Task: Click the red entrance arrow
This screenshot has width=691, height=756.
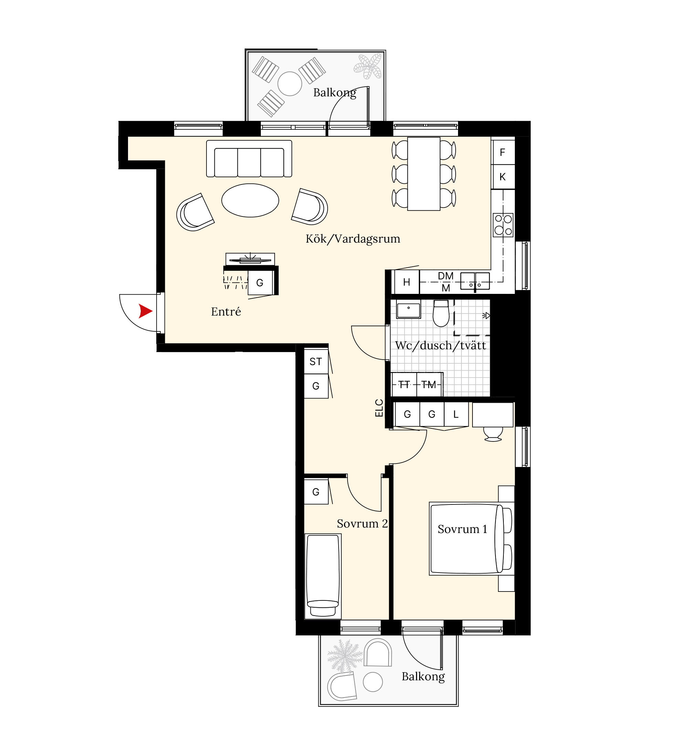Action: pyautogui.click(x=145, y=311)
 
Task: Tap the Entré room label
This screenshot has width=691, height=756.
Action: pyautogui.click(x=226, y=312)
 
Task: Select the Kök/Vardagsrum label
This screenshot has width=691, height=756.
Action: pyautogui.click(x=353, y=239)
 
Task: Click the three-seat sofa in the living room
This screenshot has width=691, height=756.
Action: pyautogui.click(x=249, y=159)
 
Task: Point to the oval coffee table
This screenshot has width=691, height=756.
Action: pyautogui.click(x=250, y=200)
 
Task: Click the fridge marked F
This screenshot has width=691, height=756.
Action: pyautogui.click(x=503, y=152)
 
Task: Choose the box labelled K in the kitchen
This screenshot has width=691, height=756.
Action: pyautogui.click(x=503, y=177)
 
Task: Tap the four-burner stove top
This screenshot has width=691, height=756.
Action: pyautogui.click(x=503, y=225)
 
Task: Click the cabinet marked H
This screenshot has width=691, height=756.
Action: pyautogui.click(x=406, y=282)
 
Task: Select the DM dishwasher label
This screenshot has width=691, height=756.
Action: pyautogui.click(x=446, y=276)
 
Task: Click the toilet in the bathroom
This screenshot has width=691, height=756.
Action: pyautogui.click(x=441, y=313)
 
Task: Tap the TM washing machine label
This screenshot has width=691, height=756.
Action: pyautogui.click(x=428, y=385)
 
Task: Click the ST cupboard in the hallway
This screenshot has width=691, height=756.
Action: pyautogui.click(x=316, y=362)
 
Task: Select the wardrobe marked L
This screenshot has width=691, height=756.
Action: pyautogui.click(x=456, y=414)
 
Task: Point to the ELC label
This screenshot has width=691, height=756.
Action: pyautogui.click(x=379, y=408)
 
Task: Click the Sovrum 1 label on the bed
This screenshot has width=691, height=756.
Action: pyautogui.click(x=462, y=529)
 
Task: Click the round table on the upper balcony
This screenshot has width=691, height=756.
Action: pyautogui.click(x=290, y=84)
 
